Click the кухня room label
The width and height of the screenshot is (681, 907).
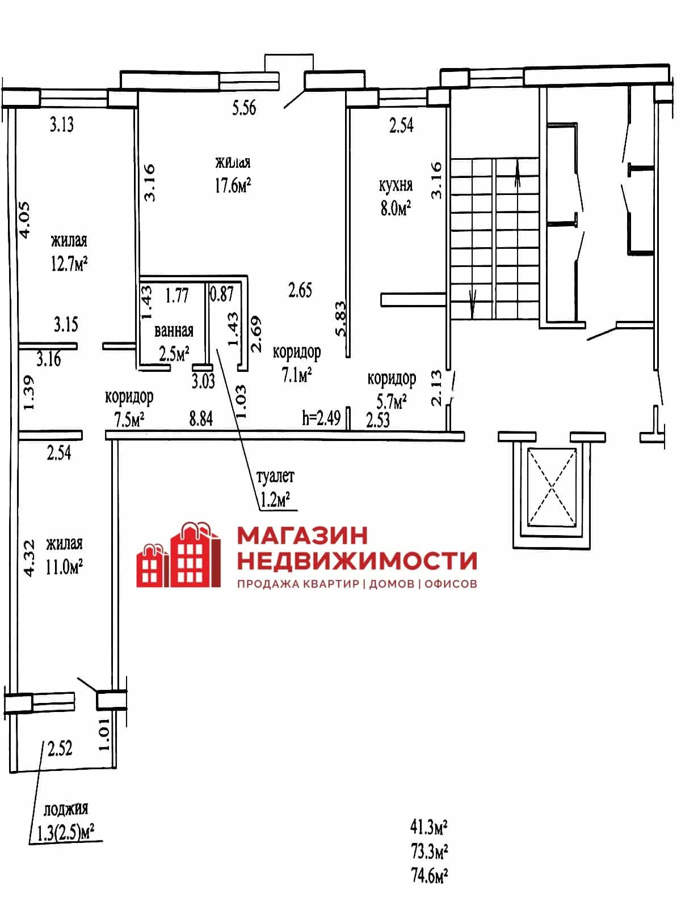[x=396, y=185]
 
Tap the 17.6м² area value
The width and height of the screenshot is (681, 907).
[x=233, y=185]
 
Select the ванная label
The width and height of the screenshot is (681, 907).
[x=174, y=331]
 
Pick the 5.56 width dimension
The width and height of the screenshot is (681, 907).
[x=244, y=108]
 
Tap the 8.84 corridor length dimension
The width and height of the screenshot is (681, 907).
[x=201, y=419]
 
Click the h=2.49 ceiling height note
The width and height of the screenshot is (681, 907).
[x=321, y=418]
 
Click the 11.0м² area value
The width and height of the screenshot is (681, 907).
[x=64, y=567]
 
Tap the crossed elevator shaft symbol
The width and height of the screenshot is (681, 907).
[x=552, y=487]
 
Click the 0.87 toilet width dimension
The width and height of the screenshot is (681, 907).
[x=222, y=294]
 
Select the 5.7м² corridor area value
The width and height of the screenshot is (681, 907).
[x=391, y=401]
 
